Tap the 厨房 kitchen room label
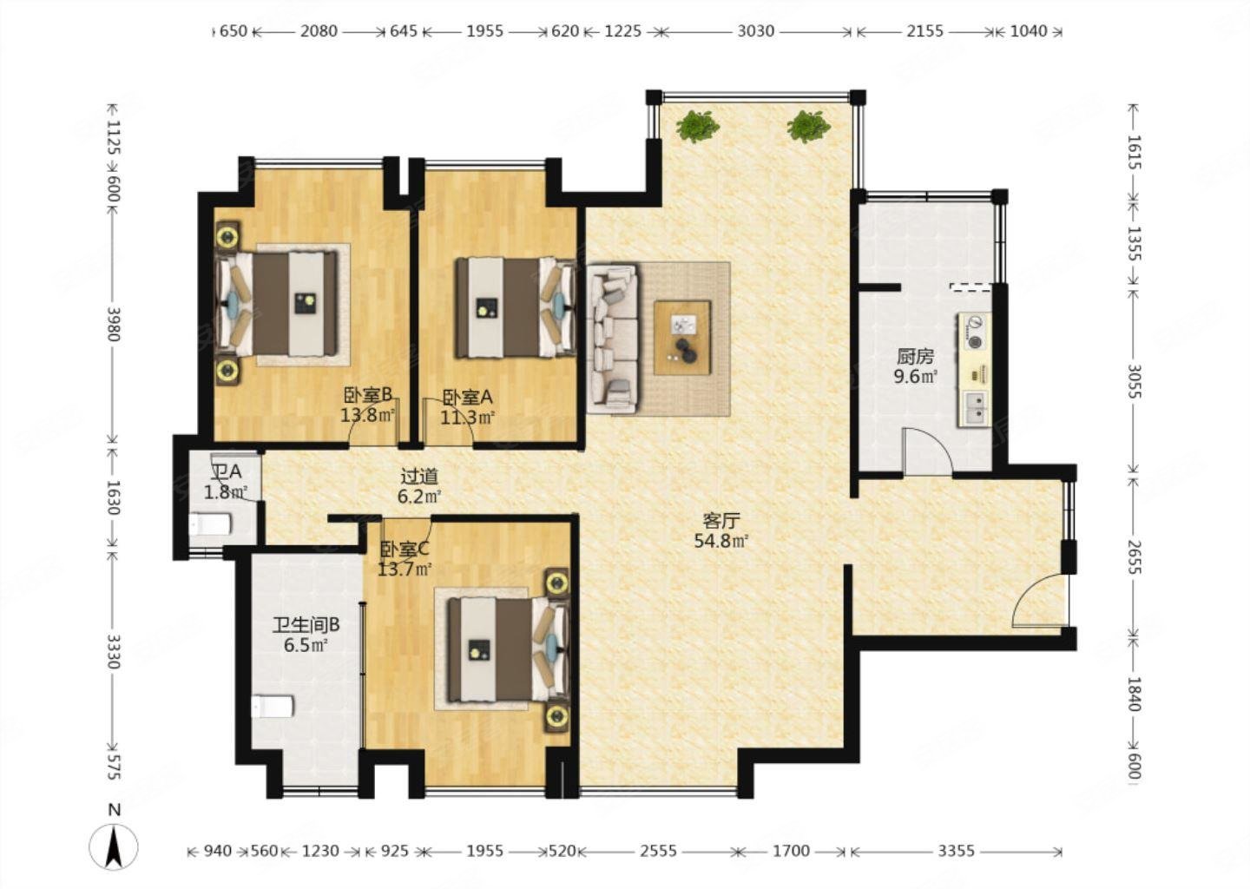pos(915,356)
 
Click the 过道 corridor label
pos(419,476)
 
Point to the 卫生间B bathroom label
pos(306,624)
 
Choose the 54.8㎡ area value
pos(721,541)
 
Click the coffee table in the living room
pos(682,338)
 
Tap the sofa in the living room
pos(612,339)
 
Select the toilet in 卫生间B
pos(272,707)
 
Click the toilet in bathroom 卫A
pos(210,524)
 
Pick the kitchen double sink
pos(975,409)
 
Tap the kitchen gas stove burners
pos(974,332)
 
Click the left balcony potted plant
pos(696,126)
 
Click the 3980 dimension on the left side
pos(113,324)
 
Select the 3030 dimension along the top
pos(755,31)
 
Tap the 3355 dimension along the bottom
pos(956,851)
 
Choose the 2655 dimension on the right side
pos(1135,556)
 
